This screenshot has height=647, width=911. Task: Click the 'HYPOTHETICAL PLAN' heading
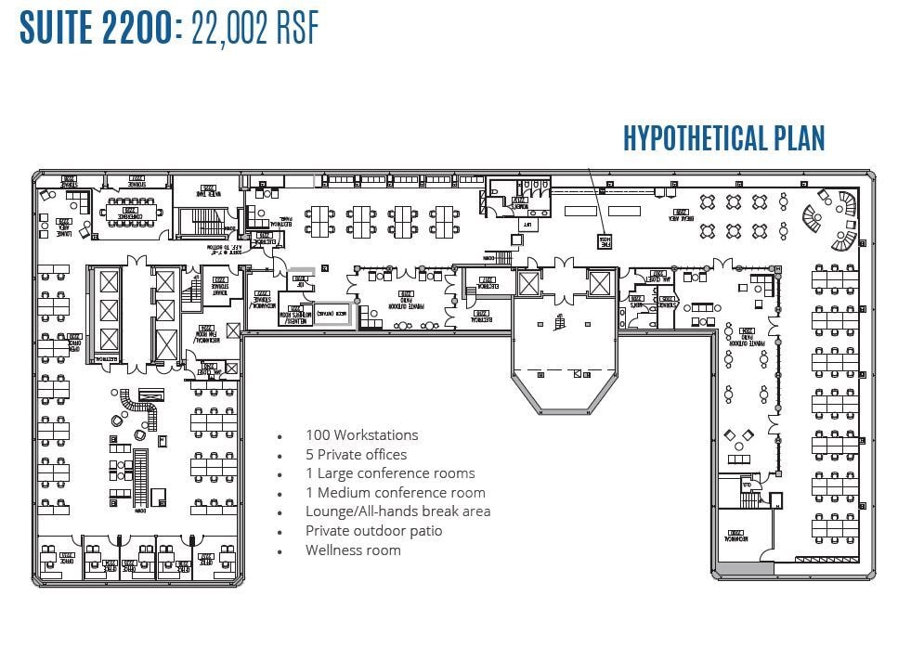[x=723, y=138]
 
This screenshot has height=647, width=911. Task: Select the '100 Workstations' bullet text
[x=362, y=435]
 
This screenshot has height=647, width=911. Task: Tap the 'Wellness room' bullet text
[x=353, y=550]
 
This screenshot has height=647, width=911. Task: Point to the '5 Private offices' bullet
[x=357, y=455]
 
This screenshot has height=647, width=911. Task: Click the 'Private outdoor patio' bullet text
[x=373, y=531]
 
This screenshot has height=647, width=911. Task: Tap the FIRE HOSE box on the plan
[x=605, y=240]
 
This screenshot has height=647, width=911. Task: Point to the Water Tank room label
[x=206, y=192]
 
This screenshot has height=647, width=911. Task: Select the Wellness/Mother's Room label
[x=295, y=314]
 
